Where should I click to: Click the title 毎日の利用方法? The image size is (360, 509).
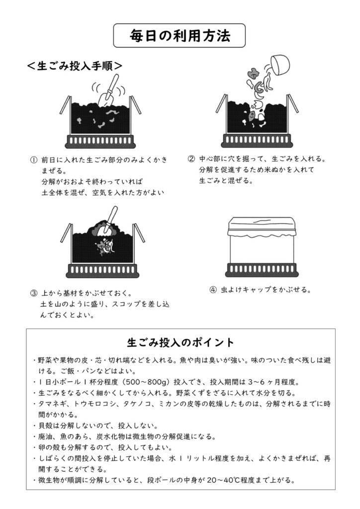pos(180,36)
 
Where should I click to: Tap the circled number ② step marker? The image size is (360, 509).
pos(191,160)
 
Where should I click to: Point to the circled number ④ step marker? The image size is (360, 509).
pos(213,289)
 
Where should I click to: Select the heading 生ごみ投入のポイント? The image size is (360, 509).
pos(180,342)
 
